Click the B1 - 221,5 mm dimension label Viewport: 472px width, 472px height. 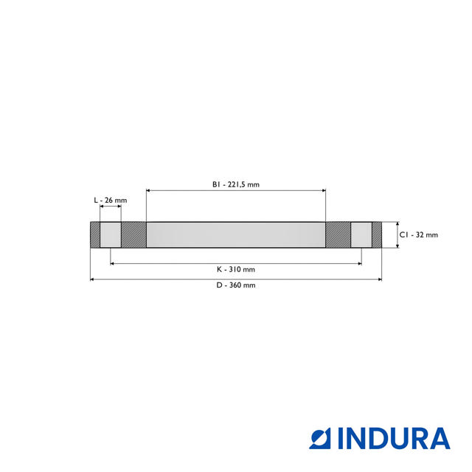(x=236, y=184)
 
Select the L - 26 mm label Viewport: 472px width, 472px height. (x=110, y=201)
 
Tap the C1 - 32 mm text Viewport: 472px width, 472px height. (x=420, y=235)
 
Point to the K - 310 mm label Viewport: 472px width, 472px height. (x=236, y=269)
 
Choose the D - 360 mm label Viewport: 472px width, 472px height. (x=236, y=285)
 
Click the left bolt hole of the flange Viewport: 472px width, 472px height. (x=111, y=235)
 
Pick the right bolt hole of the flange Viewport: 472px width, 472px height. (x=361, y=235)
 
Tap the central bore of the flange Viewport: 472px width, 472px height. (x=236, y=235)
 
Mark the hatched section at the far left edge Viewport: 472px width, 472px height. (x=95, y=235)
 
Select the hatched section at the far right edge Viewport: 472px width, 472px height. (x=377, y=235)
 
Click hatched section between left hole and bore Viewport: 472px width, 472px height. (x=133, y=235)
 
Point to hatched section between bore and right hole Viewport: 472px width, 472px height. (x=339, y=235)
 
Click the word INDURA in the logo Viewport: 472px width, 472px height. (x=394, y=438)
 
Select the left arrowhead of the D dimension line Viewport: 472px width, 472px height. (x=92, y=280)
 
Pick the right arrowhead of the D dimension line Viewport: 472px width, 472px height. (x=380, y=280)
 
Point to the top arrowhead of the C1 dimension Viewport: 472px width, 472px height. (x=398, y=224)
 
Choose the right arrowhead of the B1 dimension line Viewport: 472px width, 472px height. (x=323, y=191)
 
